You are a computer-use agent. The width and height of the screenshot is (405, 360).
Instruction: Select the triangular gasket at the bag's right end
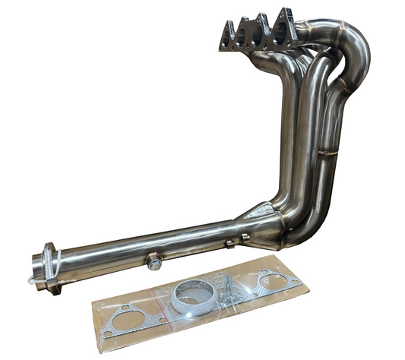coord(270,279)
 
